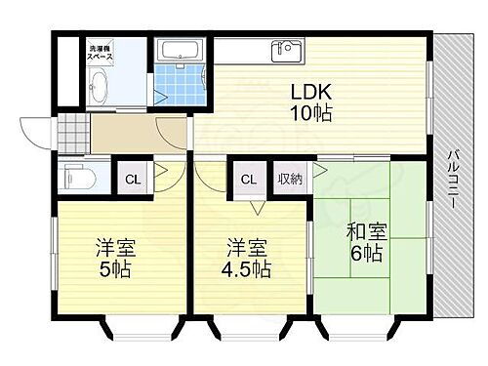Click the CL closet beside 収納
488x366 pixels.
[249, 179]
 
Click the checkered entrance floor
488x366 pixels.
[71, 130]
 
